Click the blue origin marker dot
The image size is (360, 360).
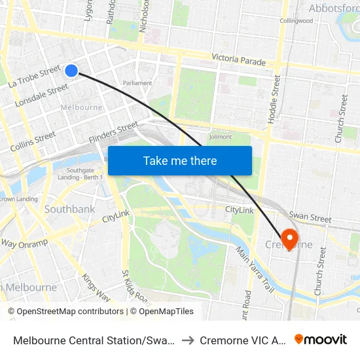click(72, 70)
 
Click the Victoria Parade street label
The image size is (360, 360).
click(238, 60)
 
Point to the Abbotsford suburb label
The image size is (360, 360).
click(334, 9)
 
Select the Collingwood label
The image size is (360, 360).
click(297, 20)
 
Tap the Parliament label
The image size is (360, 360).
click(137, 83)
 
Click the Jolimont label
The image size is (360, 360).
click(220, 137)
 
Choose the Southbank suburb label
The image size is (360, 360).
click(69, 209)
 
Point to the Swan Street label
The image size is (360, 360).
click(310, 216)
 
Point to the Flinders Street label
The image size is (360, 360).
click(114, 133)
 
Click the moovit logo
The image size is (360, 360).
click(321, 339)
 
